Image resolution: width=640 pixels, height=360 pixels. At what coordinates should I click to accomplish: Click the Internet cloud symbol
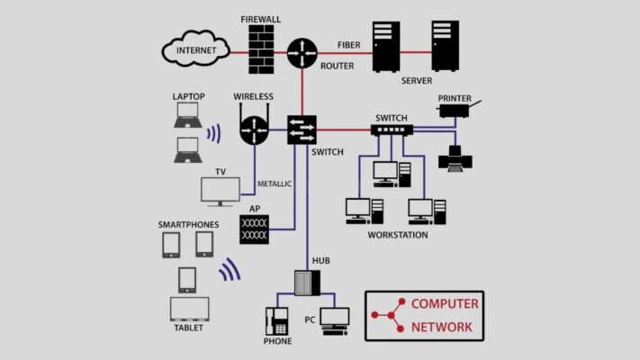(195, 49)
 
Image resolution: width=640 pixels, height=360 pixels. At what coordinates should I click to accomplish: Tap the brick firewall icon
(261, 49)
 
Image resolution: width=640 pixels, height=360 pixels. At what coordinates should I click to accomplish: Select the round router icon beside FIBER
(302, 53)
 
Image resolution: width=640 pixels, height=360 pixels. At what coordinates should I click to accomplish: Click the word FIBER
(349, 45)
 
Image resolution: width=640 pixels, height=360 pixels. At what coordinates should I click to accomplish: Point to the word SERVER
(417, 81)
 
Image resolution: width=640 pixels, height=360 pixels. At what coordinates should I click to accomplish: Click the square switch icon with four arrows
(302, 130)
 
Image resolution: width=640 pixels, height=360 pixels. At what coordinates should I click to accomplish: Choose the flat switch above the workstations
(392, 130)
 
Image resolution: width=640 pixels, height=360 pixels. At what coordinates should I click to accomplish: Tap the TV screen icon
(221, 192)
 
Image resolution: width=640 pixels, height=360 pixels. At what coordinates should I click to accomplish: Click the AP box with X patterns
(254, 229)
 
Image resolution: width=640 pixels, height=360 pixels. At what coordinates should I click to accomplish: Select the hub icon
(307, 283)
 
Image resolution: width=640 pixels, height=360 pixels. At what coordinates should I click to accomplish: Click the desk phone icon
(276, 321)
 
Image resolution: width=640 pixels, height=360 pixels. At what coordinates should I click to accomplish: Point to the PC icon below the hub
(335, 321)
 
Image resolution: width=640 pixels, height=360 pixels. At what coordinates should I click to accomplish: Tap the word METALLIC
(275, 184)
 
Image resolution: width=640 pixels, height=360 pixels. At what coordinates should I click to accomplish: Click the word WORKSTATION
(398, 235)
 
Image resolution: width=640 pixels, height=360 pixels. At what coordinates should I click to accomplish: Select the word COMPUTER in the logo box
(445, 304)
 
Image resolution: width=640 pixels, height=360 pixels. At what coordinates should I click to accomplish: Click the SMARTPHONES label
(188, 224)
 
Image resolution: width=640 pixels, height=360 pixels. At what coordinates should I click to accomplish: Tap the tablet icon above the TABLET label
(189, 309)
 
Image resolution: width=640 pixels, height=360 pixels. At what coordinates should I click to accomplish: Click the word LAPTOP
(188, 96)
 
